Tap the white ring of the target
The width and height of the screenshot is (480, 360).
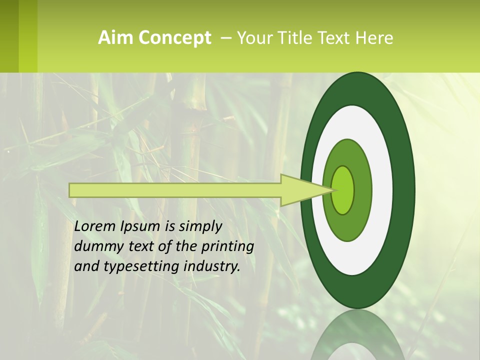(382, 190)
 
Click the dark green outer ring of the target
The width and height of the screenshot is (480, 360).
(404, 190)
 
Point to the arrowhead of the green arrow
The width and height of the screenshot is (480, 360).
(305, 190)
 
